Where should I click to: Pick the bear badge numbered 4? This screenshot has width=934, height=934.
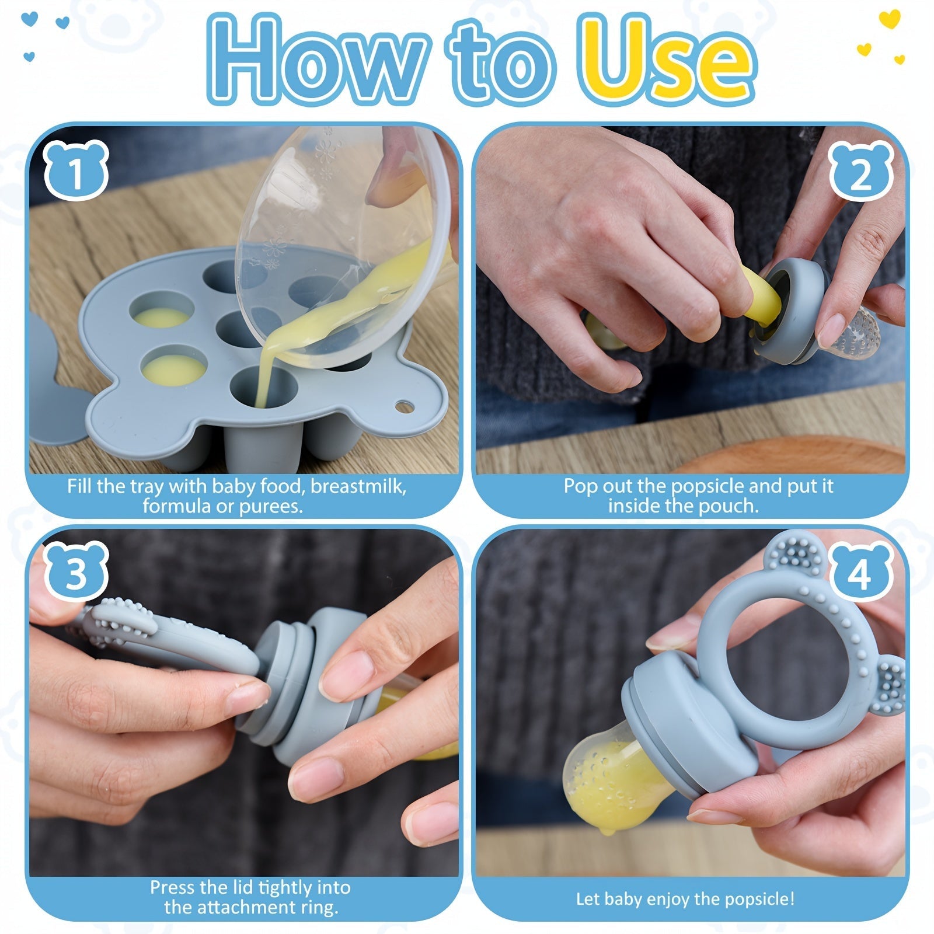coord(859,572)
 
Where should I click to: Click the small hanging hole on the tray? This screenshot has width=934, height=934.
coord(403,405)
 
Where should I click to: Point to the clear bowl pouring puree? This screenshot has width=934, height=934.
coord(327,233)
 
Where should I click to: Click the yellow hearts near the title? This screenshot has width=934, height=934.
coord(881,41)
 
